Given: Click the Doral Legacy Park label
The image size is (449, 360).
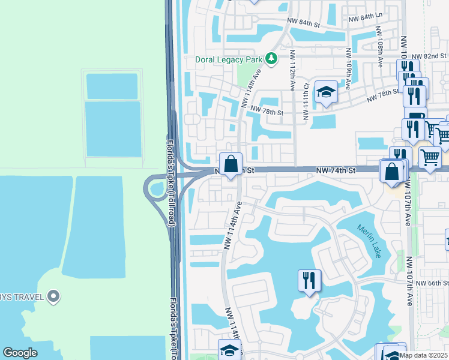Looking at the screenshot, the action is click(231, 59).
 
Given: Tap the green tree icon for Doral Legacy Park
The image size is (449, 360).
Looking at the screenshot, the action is click(273, 59).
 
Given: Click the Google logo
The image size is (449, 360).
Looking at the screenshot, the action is click(20, 353).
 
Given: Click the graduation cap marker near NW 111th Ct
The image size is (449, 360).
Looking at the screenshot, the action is click(326, 92).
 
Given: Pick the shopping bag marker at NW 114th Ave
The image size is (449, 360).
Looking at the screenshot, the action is click(231, 164).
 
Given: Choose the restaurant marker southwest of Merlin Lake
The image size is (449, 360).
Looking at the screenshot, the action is click(309, 280).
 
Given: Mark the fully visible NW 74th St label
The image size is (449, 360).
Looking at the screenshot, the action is click(336, 171).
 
